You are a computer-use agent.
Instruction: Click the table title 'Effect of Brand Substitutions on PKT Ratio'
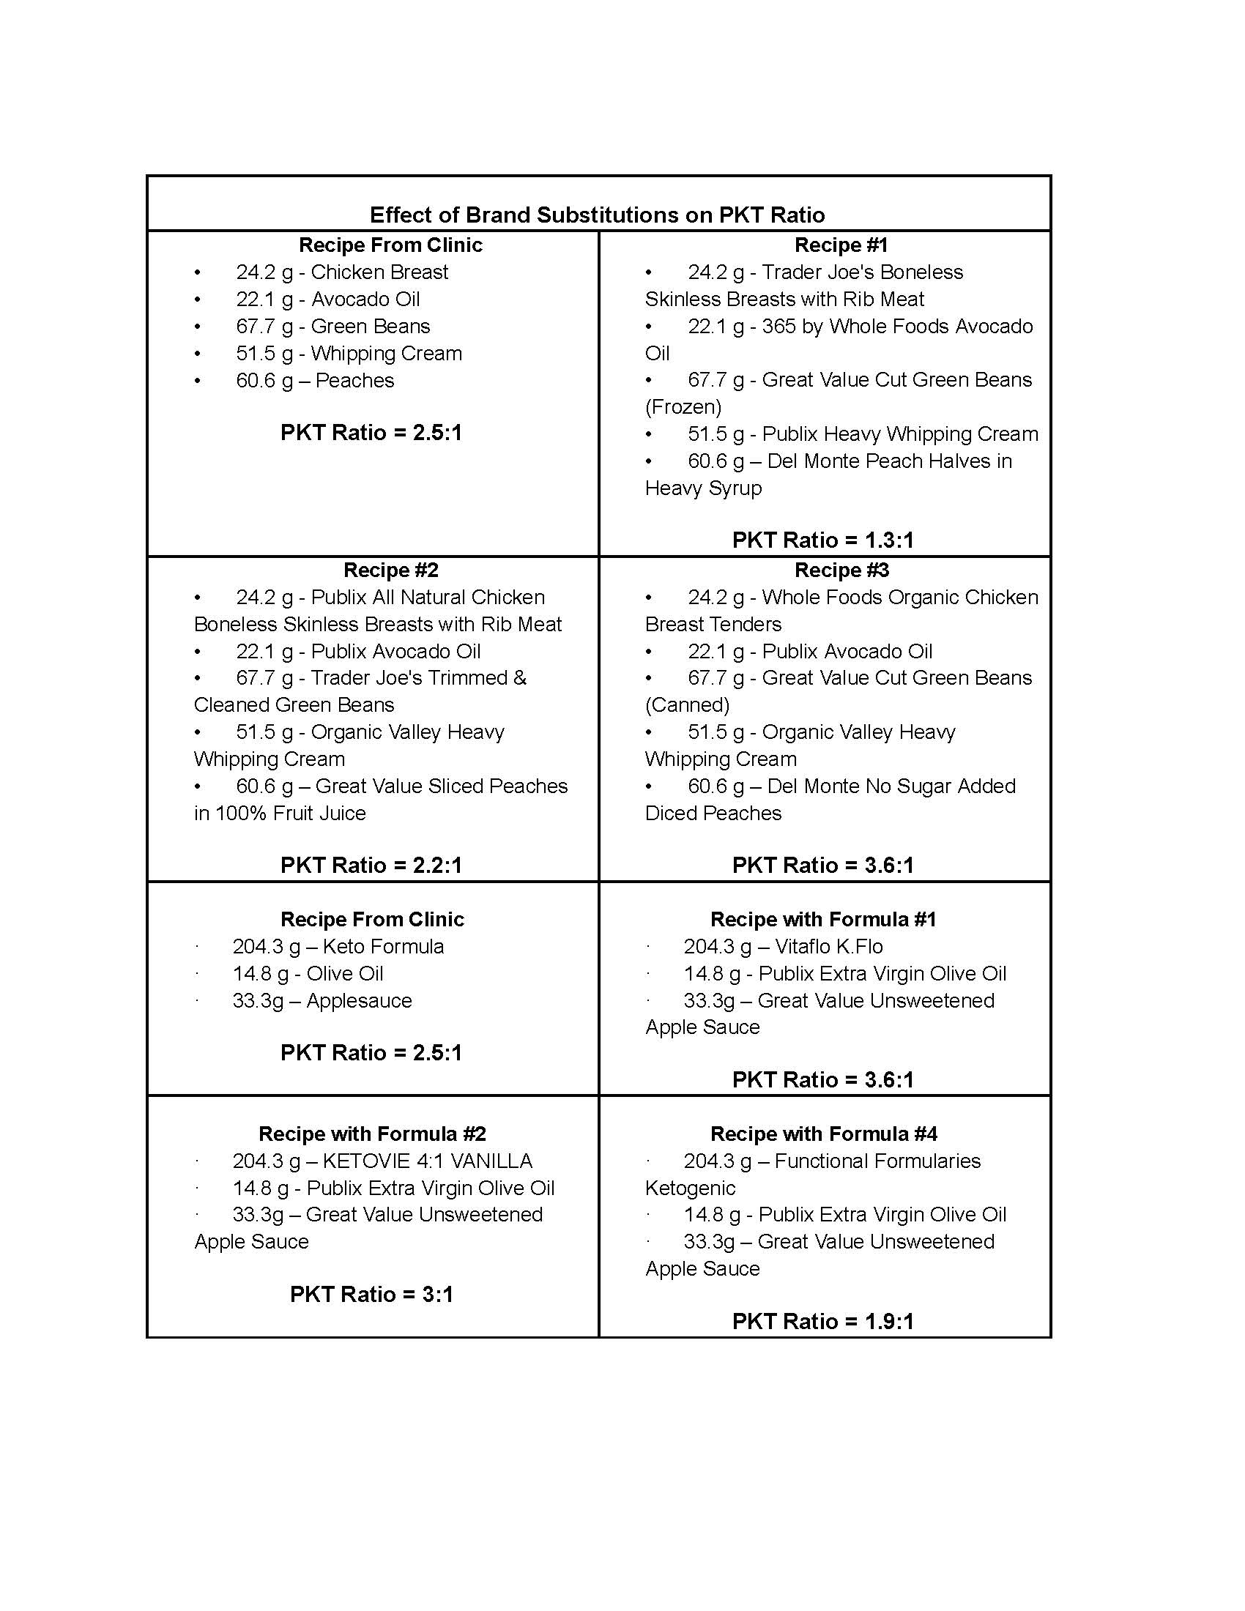(x=597, y=215)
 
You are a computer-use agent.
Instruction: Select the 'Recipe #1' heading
(x=841, y=245)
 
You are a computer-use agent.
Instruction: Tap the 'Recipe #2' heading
(x=391, y=570)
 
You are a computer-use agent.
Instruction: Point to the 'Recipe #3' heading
(x=841, y=570)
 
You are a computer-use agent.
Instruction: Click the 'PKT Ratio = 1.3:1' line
(x=822, y=540)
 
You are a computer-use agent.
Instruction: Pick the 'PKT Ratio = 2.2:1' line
(x=371, y=865)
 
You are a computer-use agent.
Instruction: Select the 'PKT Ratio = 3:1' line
(x=371, y=1294)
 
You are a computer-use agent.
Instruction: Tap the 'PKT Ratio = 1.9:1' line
(x=822, y=1321)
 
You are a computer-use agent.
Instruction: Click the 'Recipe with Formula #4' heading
(x=823, y=1134)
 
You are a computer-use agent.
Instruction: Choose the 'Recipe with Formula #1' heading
(x=823, y=919)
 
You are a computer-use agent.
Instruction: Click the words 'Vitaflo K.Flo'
(x=828, y=946)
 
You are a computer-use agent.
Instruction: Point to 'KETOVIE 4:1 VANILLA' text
(x=427, y=1161)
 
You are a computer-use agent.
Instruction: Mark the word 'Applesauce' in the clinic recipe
(x=359, y=1000)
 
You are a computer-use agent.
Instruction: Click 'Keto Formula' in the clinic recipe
(x=383, y=946)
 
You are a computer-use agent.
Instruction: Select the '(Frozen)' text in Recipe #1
(x=683, y=406)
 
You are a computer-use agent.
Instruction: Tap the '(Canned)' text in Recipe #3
(x=687, y=704)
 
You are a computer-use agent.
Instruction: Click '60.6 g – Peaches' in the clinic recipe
(x=315, y=380)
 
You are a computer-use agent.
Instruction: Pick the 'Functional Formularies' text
(x=877, y=1161)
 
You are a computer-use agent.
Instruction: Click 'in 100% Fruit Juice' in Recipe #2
(x=280, y=813)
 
